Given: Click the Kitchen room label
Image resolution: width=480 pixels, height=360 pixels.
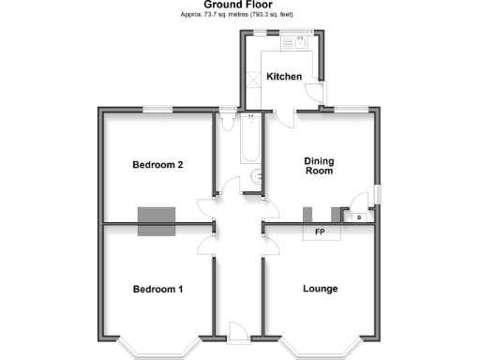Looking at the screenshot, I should [x=284, y=77].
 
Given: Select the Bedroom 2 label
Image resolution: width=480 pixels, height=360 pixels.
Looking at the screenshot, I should [x=157, y=165].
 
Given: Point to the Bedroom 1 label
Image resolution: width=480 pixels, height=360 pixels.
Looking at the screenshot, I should [x=157, y=289].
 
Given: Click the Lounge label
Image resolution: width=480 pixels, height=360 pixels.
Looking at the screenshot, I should [x=320, y=289].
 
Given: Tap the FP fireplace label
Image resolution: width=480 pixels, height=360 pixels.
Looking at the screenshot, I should [x=320, y=232].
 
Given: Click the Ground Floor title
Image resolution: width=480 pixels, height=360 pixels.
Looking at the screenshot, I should [x=239, y=5].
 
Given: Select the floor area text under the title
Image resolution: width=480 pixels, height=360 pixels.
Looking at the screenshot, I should [x=239, y=15].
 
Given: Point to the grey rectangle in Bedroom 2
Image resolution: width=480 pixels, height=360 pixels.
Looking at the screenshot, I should [x=157, y=221].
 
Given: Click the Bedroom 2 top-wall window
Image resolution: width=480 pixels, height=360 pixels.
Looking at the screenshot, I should [x=157, y=110].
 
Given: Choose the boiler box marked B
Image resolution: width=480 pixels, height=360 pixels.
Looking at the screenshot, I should [x=359, y=216].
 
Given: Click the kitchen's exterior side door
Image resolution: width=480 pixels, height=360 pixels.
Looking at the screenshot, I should [x=322, y=92].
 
